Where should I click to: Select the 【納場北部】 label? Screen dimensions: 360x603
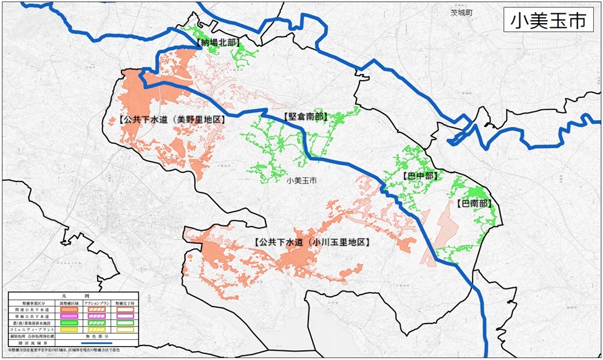pyautogui.click(x=218, y=43)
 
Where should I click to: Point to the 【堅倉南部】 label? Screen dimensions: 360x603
pyautogui.click(x=304, y=116)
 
